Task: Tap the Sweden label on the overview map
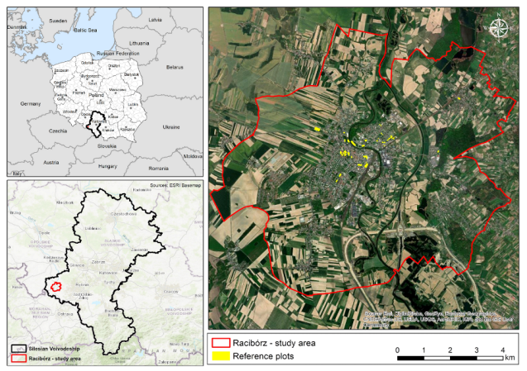(x=58, y=20)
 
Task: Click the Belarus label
(x=174, y=66)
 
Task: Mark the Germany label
(x=31, y=103)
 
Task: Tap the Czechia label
(x=58, y=131)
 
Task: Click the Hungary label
(x=108, y=166)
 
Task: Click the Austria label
(x=50, y=162)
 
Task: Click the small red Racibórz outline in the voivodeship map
(x=56, y=287)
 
